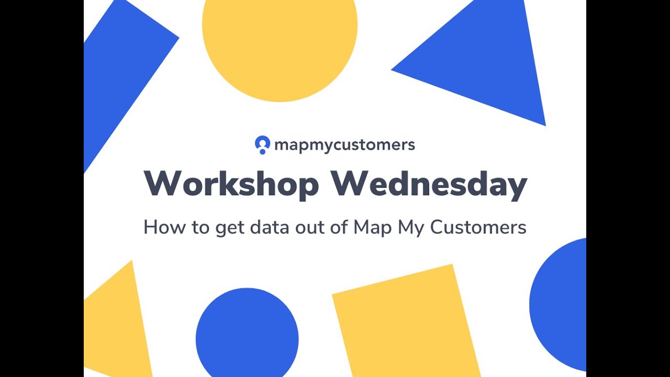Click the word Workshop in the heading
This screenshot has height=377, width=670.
tap(231, 184)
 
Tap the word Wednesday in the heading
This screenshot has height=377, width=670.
tap(429, 184)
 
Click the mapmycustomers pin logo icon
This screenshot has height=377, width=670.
tap(262, 145)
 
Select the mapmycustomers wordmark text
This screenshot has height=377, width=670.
tap(344, 145)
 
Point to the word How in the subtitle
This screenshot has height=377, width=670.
tap(162, 227)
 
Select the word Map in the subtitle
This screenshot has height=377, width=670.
tap(373, 228)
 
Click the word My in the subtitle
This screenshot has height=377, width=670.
tap(411, 228)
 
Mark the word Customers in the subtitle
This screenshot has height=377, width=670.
tap(478, 227)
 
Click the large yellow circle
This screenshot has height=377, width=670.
tap(280, 42)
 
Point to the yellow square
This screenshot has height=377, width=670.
tap(406, 322)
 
